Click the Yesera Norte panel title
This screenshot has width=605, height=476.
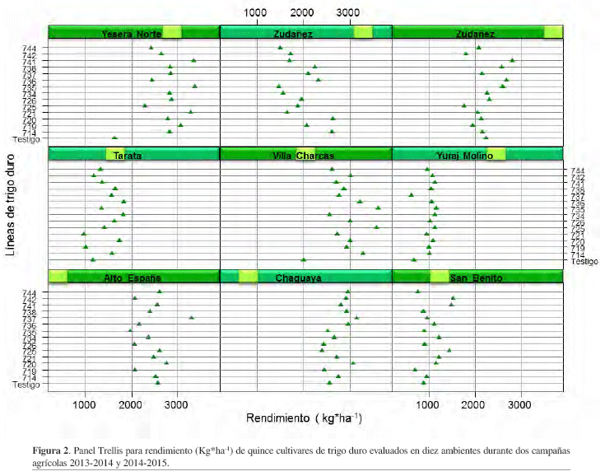pyautogui.click(x=131, y=34)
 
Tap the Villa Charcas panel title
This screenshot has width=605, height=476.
pyautogui.click(x=305, y=156)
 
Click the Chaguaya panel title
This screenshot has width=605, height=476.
pyautogui.click(x=305, y=278)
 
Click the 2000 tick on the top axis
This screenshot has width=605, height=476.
pyautogui.click(x=303, y=12)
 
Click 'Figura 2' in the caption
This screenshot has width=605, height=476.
pyautogui.click(x=51, y=452)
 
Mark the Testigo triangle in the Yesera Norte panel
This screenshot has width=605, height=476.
pyautogui.click(x=114, y=138)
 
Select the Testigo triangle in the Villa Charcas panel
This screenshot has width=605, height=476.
pyautogui.click(x=304, y=259)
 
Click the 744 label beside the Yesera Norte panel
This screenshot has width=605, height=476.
pyautogui.click(x=29, y=49)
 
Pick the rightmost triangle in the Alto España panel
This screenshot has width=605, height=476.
pyautogui.click(x=191, y=317)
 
